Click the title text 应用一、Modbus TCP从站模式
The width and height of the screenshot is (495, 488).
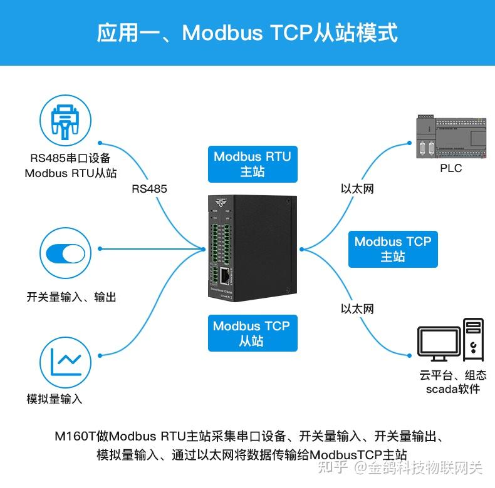click(247, 33)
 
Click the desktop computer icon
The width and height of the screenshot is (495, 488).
click(451, 340)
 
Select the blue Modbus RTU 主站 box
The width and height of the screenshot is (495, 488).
click(253, 164)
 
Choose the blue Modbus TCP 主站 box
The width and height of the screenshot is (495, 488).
click(393, 249)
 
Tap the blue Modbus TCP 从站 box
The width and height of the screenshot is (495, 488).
click(251, 333)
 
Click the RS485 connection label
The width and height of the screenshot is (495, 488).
click(149, 188)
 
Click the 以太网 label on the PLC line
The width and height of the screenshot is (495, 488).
click(357, 188)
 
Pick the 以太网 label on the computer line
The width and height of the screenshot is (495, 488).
click(357, 308)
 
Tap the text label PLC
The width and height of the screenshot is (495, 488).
click(451, 168)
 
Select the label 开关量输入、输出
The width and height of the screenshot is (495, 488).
click(71, 297)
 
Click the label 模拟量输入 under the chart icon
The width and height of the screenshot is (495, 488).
click(55, 399)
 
